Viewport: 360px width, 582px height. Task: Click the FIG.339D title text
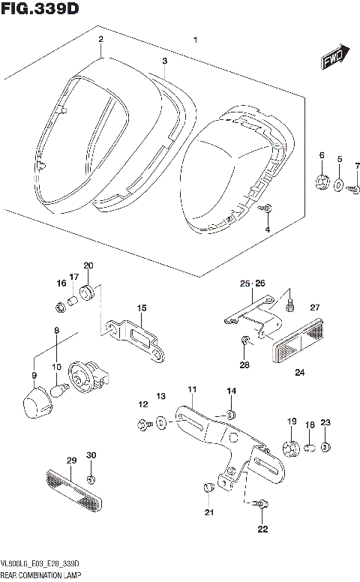pos(40,8)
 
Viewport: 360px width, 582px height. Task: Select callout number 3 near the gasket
pos(164,59)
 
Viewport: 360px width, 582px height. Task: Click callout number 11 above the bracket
pos(192,389)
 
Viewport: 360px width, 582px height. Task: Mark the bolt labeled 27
pos(291,304)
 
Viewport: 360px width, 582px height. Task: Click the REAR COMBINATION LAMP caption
pos(43,574)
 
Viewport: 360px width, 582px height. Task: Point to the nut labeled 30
pos(91,478)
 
